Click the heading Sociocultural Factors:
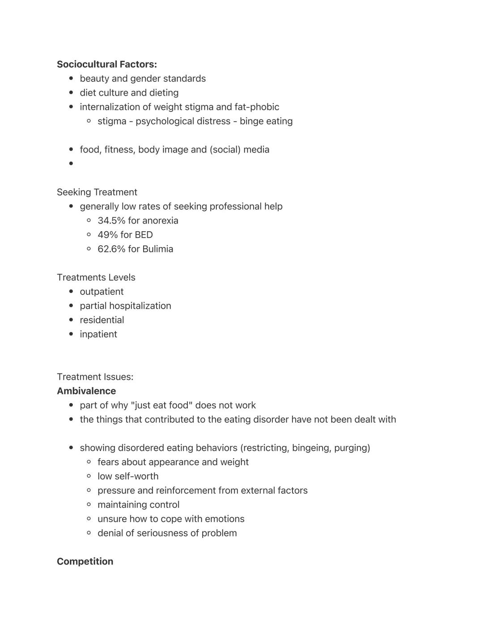pos(106,64)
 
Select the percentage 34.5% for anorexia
pos(111,221)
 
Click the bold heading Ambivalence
pos(86,391)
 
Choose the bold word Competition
pos(85,561)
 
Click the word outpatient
pos(102,292)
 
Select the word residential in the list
pos(102,320)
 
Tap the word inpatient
pos(98,335)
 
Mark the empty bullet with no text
pos(71,164)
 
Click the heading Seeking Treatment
pos(97,192)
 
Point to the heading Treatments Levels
pos(96,278)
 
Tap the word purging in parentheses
pos(353,448)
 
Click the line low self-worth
pos(128,476)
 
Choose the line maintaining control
pos(138,505)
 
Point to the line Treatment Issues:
pos(95,377)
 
